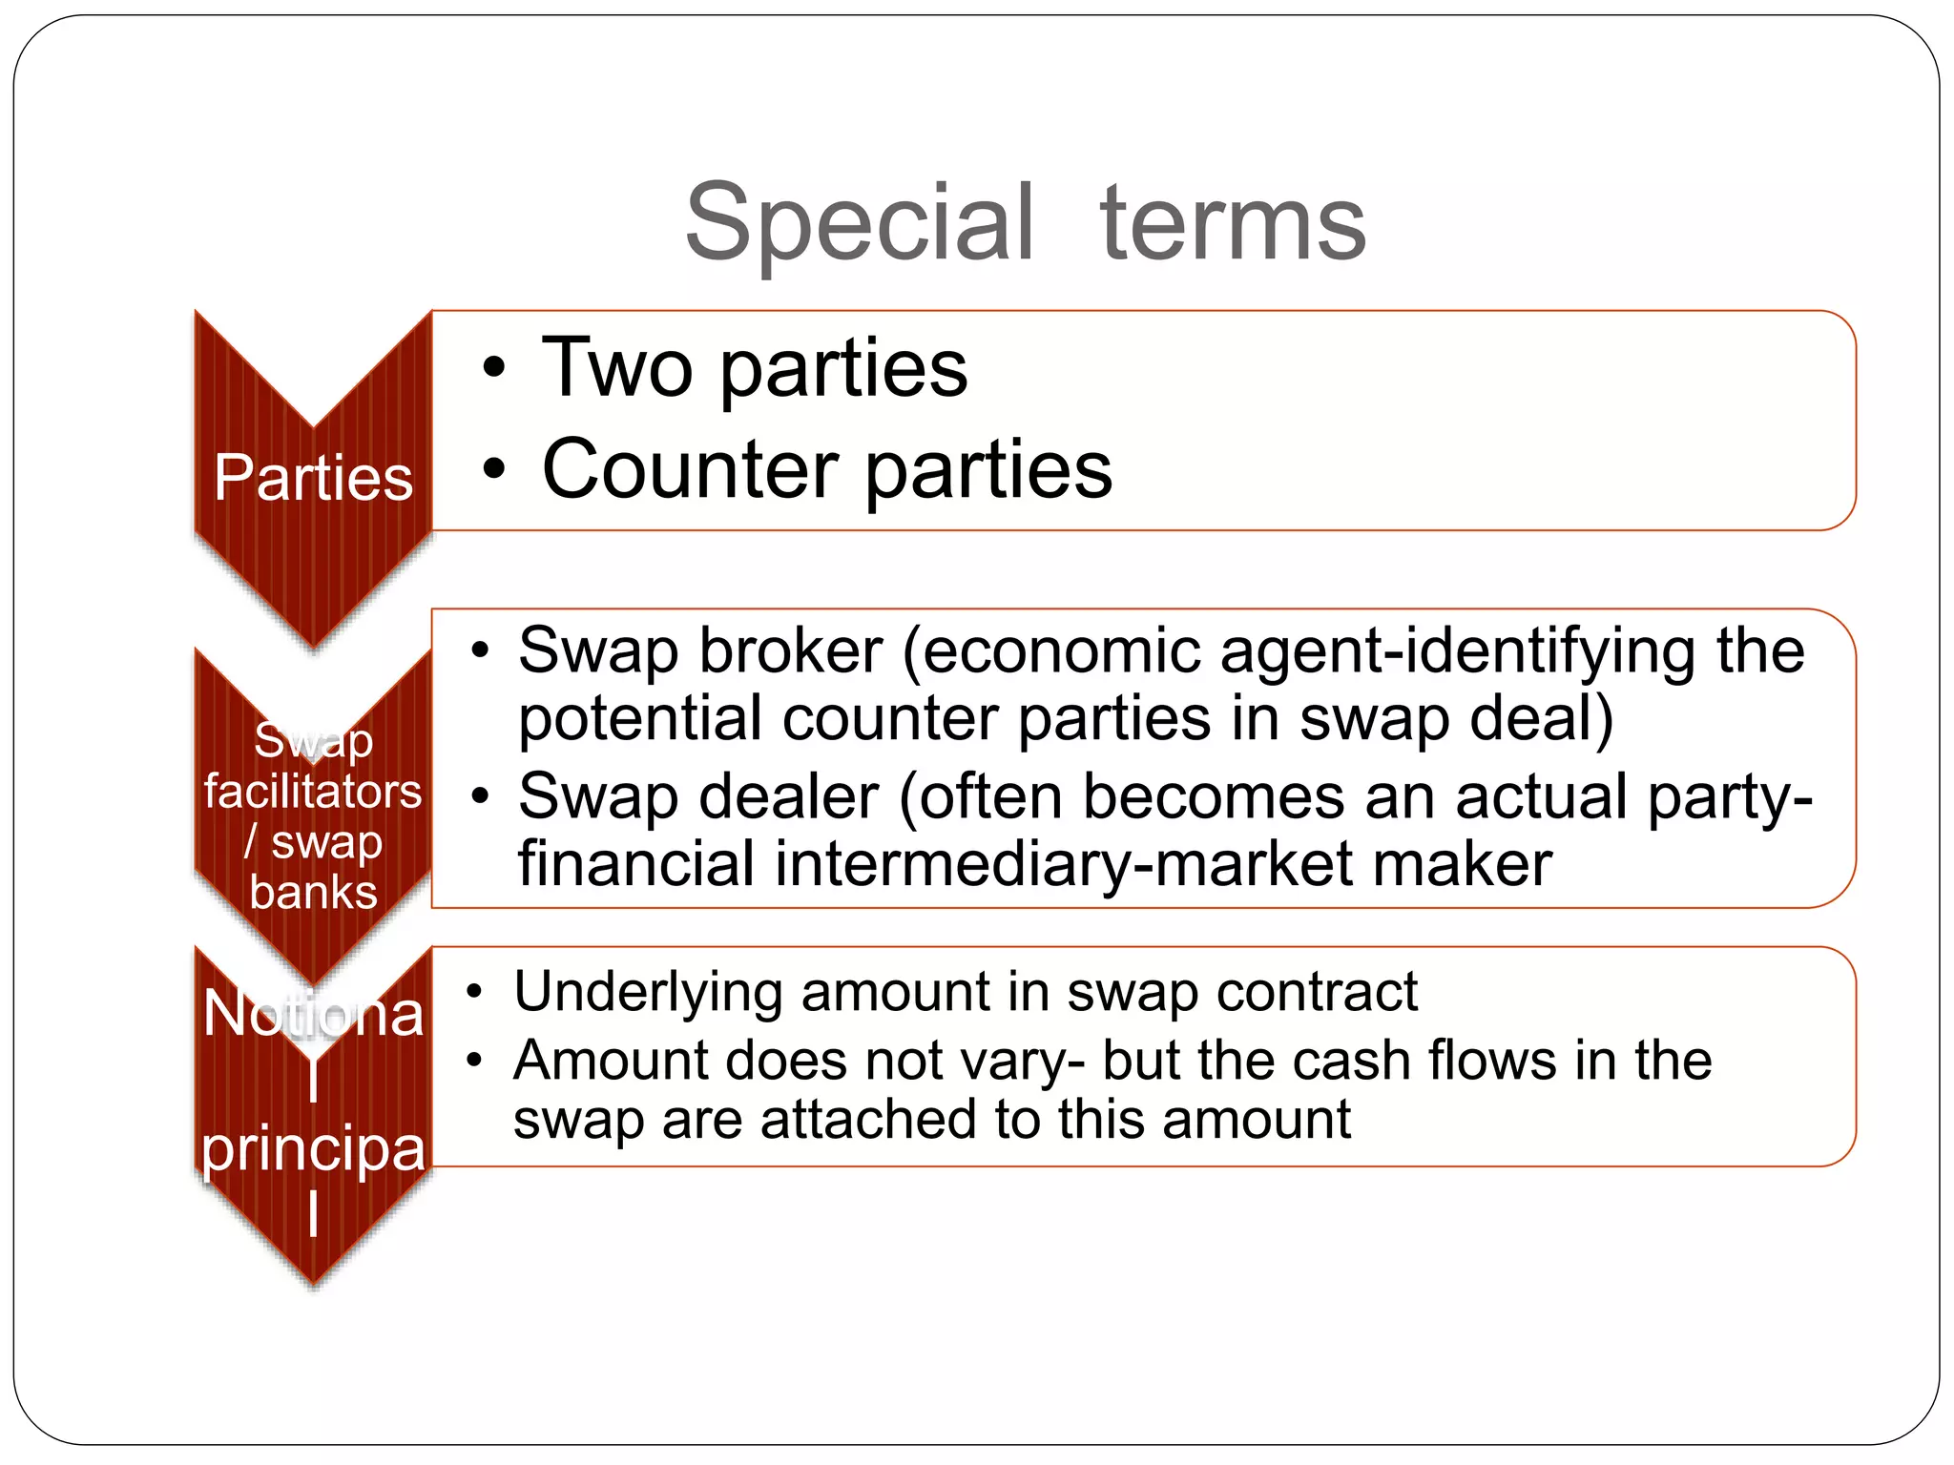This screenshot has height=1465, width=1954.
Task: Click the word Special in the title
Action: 859,224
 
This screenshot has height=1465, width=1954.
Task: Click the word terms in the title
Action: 1233,224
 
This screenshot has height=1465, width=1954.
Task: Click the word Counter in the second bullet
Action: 691,469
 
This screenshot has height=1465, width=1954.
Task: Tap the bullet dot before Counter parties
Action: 492,469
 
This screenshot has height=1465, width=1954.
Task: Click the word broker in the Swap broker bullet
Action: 790,651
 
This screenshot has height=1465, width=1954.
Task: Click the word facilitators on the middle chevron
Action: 313,792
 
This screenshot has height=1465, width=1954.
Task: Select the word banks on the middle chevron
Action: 313,893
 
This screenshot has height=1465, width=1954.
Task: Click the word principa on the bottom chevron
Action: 313,1149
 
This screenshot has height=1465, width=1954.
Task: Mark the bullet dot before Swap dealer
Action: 481,797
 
